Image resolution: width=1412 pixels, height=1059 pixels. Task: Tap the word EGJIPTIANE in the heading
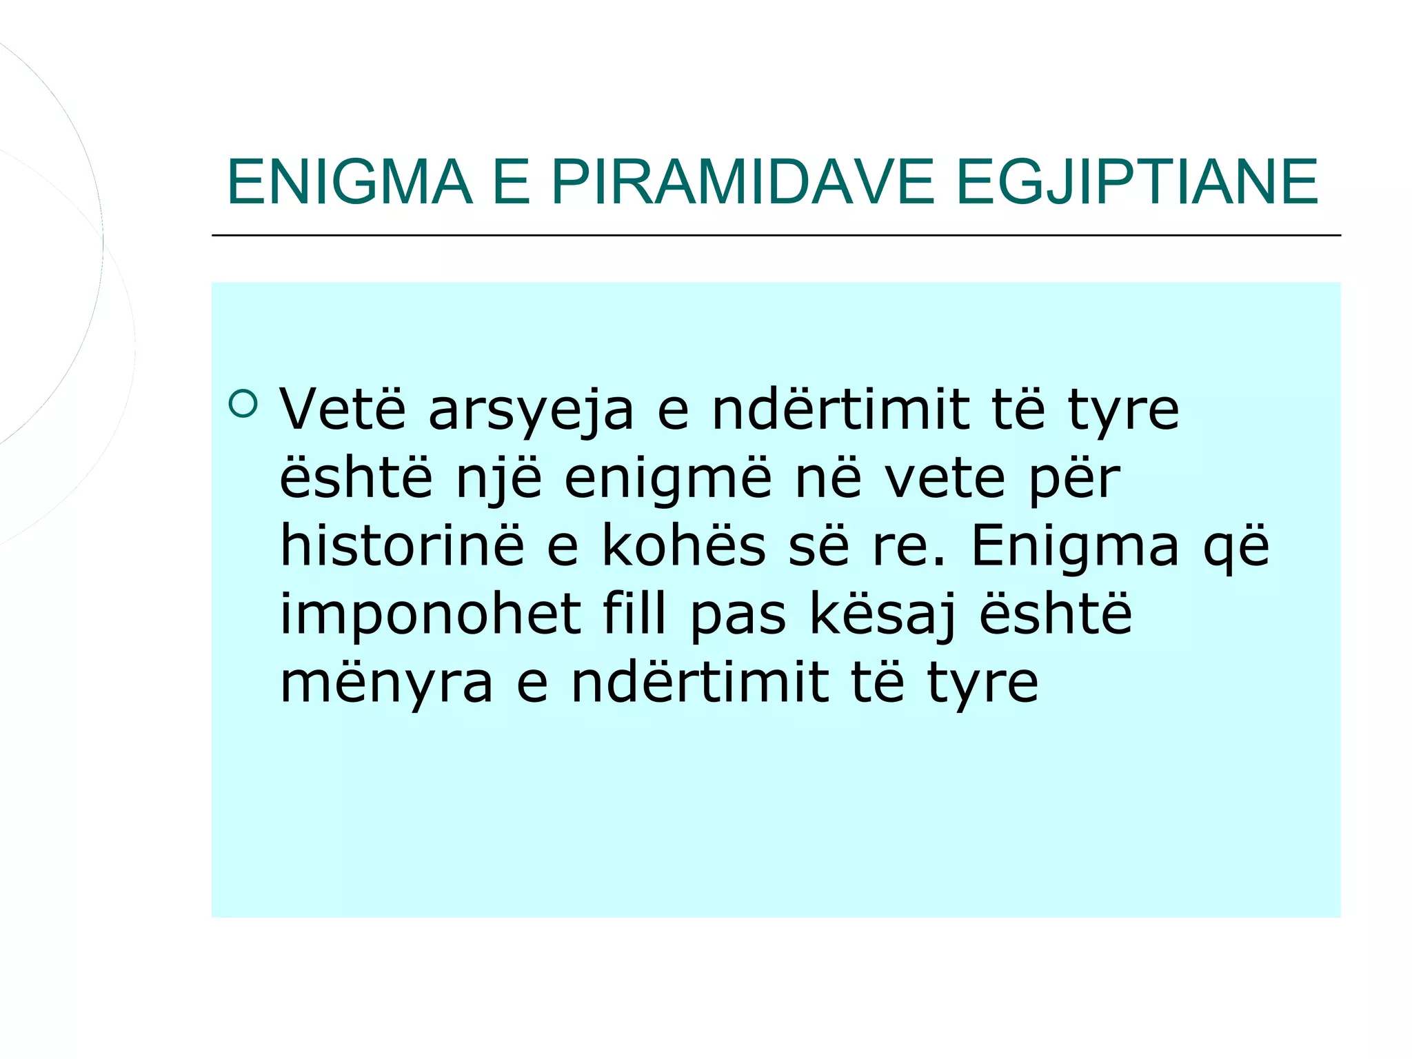(1138, 182)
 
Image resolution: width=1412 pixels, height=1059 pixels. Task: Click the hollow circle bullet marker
(243, 404)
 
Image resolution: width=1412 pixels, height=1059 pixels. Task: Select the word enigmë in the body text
(668, 479)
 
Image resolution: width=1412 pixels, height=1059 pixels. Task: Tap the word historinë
(402, 545)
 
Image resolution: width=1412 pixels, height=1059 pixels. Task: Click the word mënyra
(387, 683)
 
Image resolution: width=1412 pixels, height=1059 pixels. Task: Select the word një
(499, 479)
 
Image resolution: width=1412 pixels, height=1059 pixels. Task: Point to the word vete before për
(945, 479)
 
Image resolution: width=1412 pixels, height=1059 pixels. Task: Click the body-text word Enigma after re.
(1076, 547)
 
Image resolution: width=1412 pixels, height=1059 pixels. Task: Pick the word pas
(737, 615)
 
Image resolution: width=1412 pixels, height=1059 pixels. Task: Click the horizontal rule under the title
(776, 235)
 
